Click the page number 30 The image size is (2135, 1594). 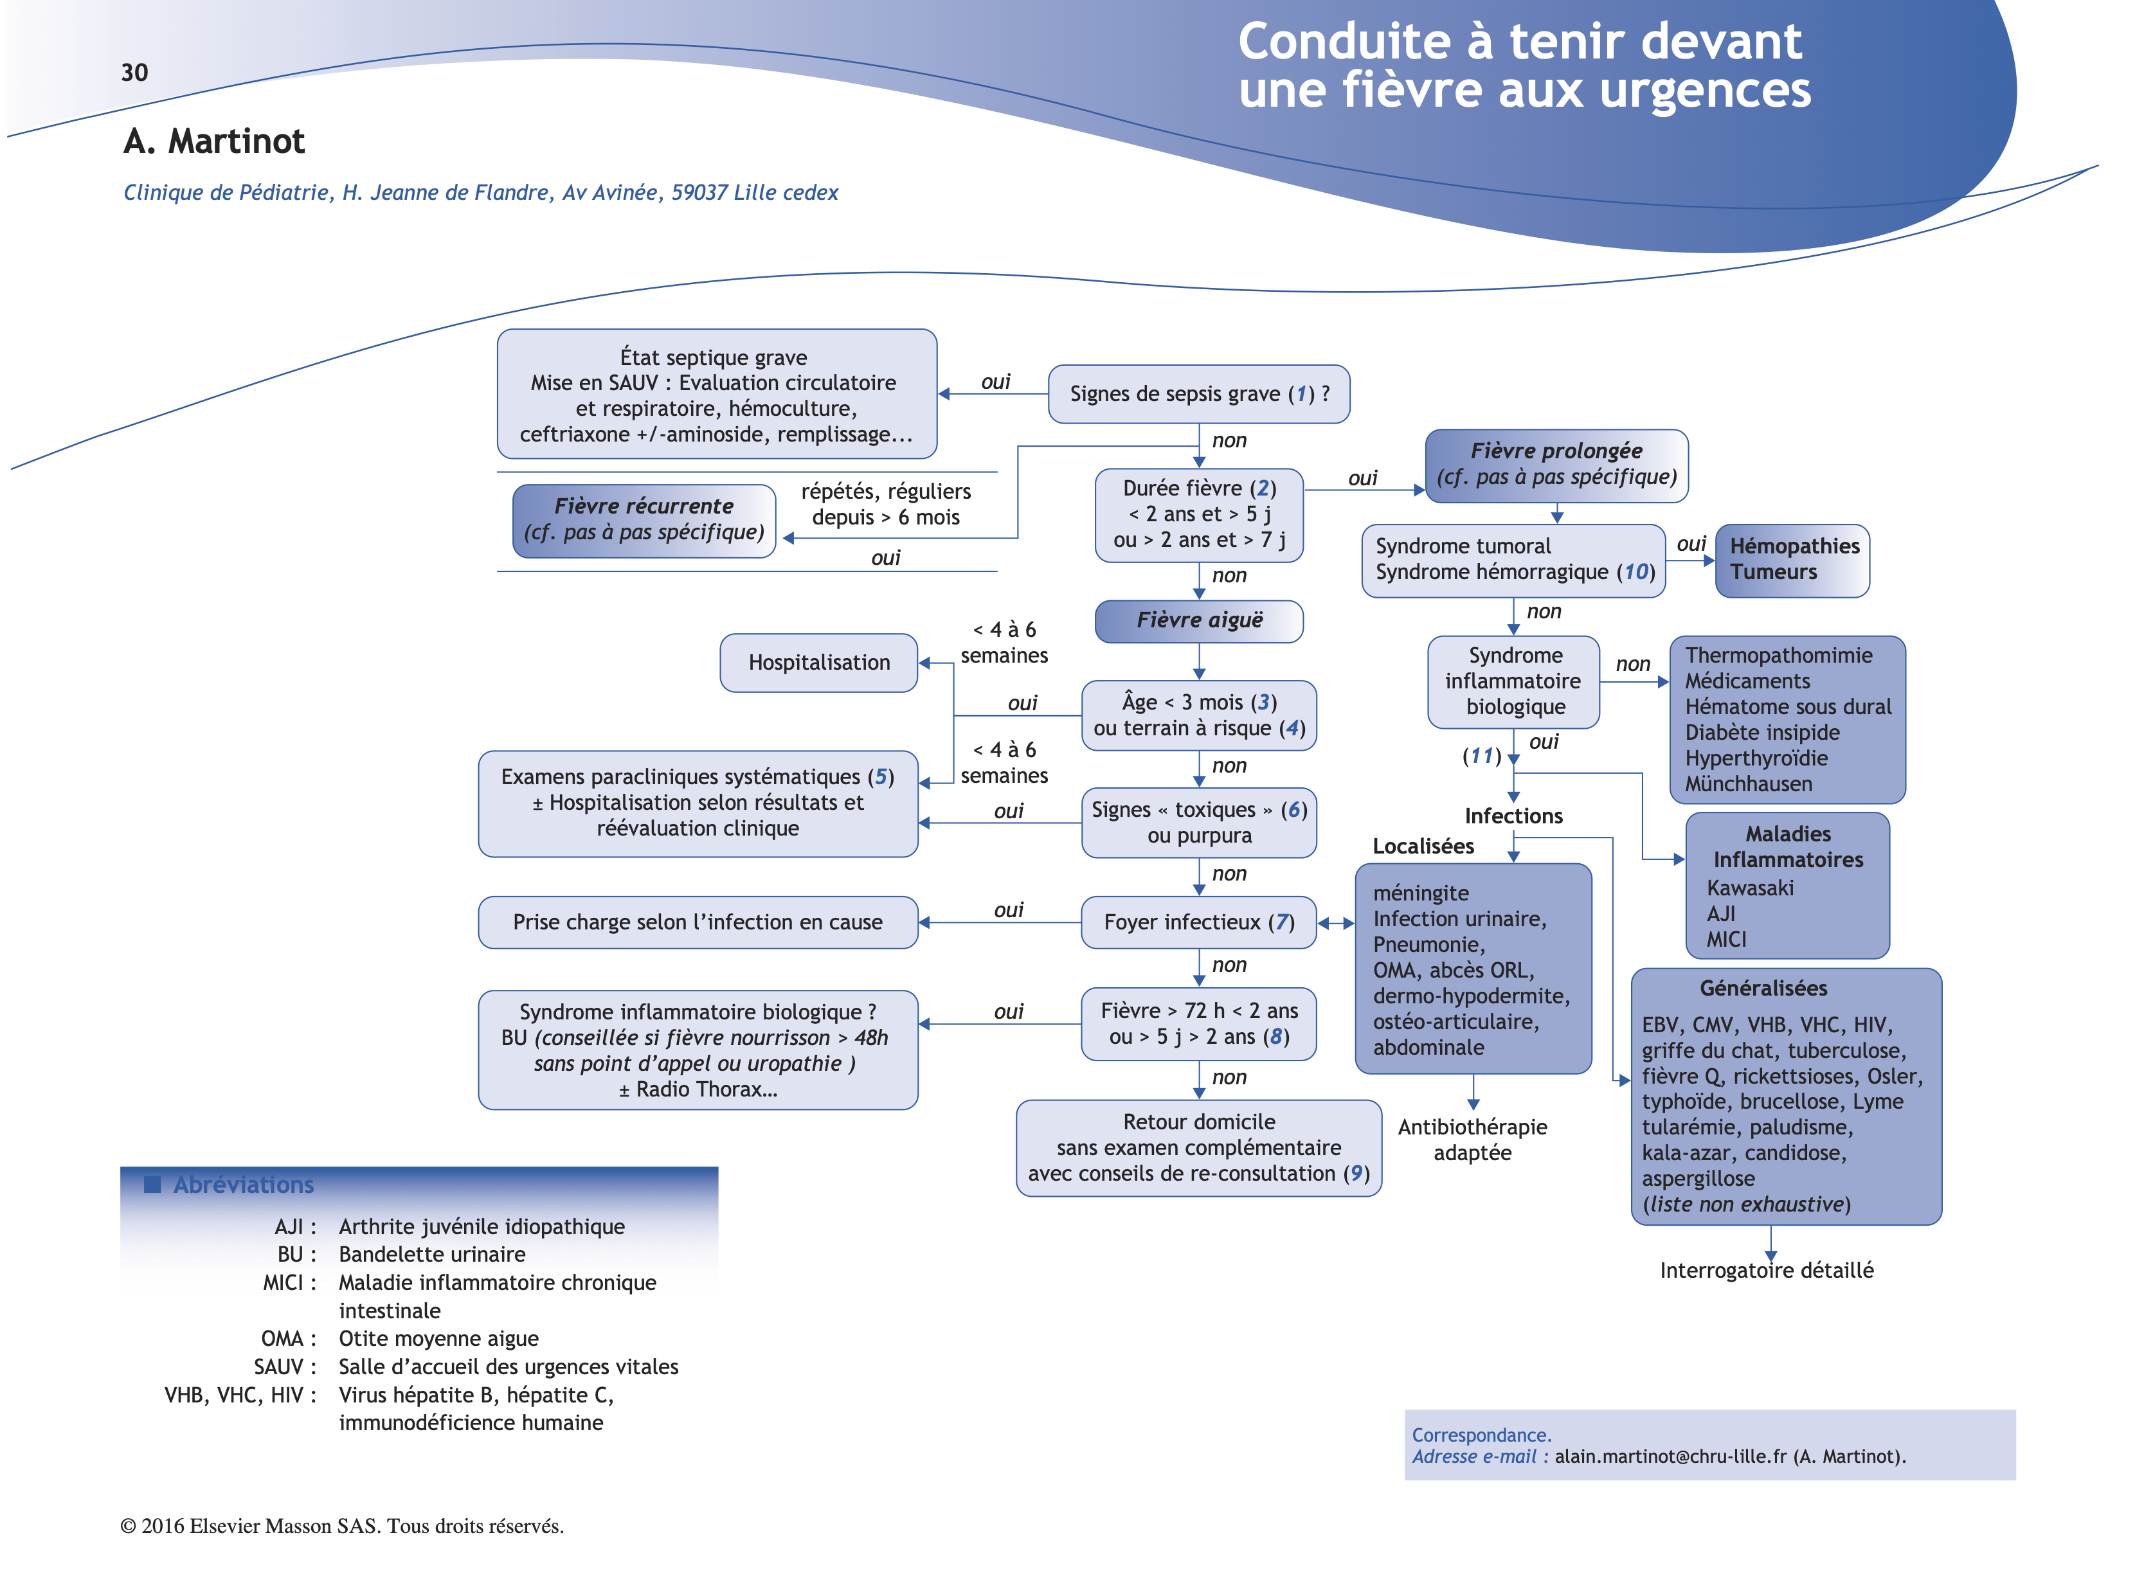pyautogui.click(x=134, y=73)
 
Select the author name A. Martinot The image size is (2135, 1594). pyautogui.click(x=214, y=142)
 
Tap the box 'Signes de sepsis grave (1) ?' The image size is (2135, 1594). pyautogui.click(x=1199, y=393)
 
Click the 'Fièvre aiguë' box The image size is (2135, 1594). pyautogui.click(x=1199, y=620)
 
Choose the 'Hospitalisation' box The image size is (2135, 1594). pyautogui.click(x=818, y=663)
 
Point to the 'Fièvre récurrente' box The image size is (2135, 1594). pyautogui.click(x=644, y=520)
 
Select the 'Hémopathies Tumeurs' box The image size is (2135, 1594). pyautogui.click(x=1792, y=560)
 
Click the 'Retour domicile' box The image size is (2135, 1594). pyautogui.click(x=1199, y=1147)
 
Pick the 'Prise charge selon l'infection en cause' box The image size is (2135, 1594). pyautogui.click(x=697, y=922)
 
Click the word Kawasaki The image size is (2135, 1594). pyautogui.click(x=1750, y=888)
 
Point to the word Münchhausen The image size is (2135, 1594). pyautogui.click(x=1748, y=784)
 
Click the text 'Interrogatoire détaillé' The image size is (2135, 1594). pyautogui.click(x=1766, y=1271)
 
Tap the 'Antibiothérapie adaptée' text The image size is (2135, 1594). pyautogui.click(x=1472, y=1140)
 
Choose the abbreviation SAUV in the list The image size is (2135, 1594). pyautogui.click(x=280, y=1367)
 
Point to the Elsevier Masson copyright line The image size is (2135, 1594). pyautogui.click(x=341, y=1527)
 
